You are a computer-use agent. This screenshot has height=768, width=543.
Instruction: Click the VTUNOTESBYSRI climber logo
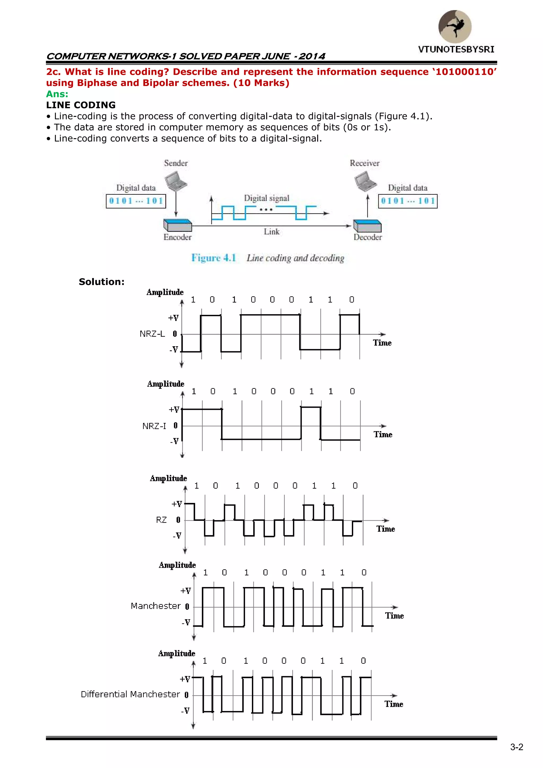(455, 27)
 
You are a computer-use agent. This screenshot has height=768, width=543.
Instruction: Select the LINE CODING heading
(81, 105)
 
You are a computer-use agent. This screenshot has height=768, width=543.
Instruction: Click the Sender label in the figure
(176, 163)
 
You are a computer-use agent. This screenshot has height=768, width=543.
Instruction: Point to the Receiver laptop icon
(365, 181)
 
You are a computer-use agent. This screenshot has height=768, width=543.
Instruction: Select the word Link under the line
(271, 232)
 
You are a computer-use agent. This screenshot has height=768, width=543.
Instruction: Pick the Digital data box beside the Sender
(136, 201)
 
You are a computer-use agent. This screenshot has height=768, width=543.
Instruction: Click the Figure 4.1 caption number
(214, 258)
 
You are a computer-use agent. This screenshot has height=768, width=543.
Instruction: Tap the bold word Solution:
(102, 282)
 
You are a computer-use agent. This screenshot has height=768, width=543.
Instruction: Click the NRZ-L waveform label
(152, 334)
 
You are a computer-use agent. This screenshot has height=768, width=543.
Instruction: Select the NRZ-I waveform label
(154, 426)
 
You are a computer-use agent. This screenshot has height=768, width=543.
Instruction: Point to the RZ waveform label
(161, 520)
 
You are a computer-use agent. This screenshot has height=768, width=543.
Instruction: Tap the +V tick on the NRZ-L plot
(173, 318)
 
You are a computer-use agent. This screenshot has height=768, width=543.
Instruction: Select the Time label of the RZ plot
(386, 529)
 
